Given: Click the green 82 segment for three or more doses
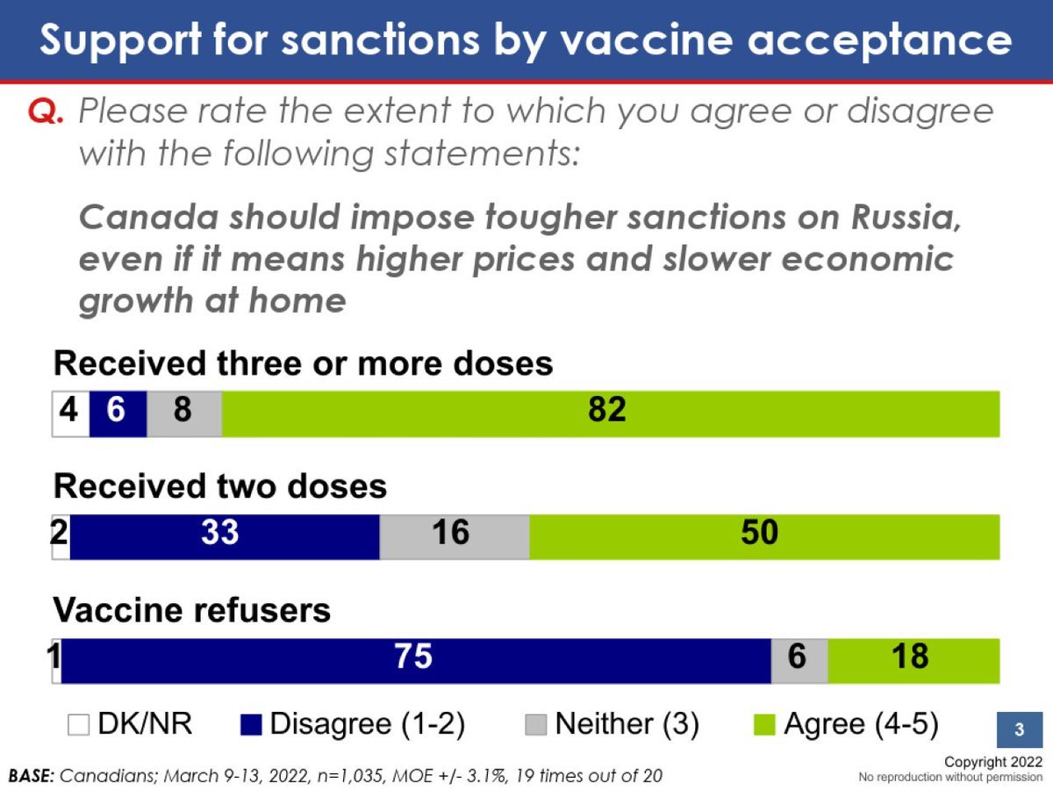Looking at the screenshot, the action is click(x=611, y=414).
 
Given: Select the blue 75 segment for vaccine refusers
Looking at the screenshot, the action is click(x=416, y=660).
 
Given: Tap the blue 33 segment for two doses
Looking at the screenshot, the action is click(x=225, y=537).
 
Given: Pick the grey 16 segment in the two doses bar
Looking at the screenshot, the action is click(x=455, y=537).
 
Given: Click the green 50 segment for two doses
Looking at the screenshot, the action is click(x=764, y=537).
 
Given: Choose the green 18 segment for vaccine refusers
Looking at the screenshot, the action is click(x=913, y=660).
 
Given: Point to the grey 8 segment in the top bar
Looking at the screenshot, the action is click(x=184, y=414).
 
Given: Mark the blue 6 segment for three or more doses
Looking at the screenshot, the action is click(x=118, y=414).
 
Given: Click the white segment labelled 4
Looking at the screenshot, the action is click(x=71, y=414).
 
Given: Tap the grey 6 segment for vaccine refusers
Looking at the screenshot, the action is click(x=799, y=660).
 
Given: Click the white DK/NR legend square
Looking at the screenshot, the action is click(x=78, y=724).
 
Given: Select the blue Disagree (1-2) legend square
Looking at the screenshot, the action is click(x=251, y=724).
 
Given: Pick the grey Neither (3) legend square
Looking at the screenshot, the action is click(x=536, y=724).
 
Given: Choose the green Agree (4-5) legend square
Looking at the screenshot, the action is click(x=764, y=724).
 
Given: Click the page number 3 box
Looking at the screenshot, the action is click(x=1020, y=729).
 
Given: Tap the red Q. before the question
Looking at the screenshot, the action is click(x=46, y=111).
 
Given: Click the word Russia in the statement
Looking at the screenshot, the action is click(x=906, y=218).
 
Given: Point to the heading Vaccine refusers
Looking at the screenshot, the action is click(x=192, y=610).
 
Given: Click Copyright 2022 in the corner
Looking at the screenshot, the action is click(x=993, y=762).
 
